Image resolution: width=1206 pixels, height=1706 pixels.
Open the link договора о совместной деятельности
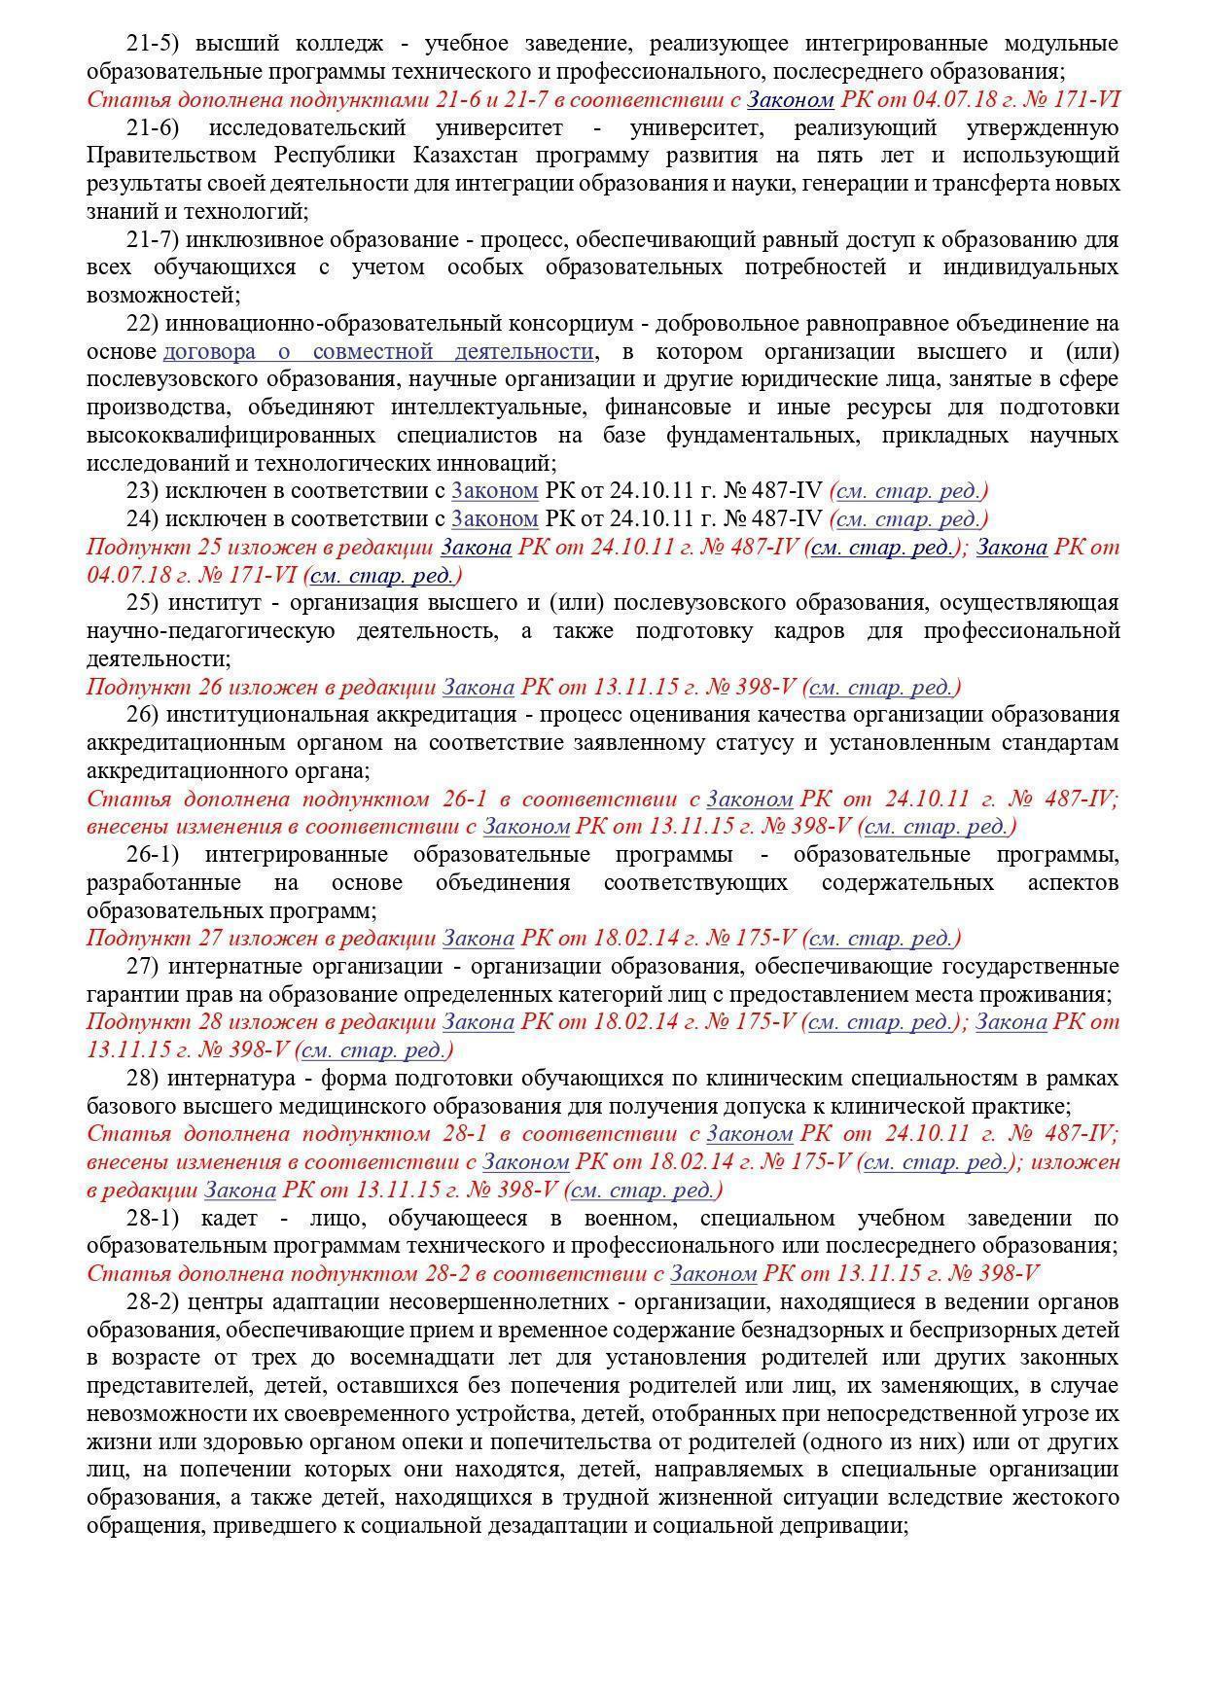pos(378,351)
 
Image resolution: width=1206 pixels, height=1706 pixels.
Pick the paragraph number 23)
pos(142,491)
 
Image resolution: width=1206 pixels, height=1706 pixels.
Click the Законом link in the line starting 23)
pos(494,491)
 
